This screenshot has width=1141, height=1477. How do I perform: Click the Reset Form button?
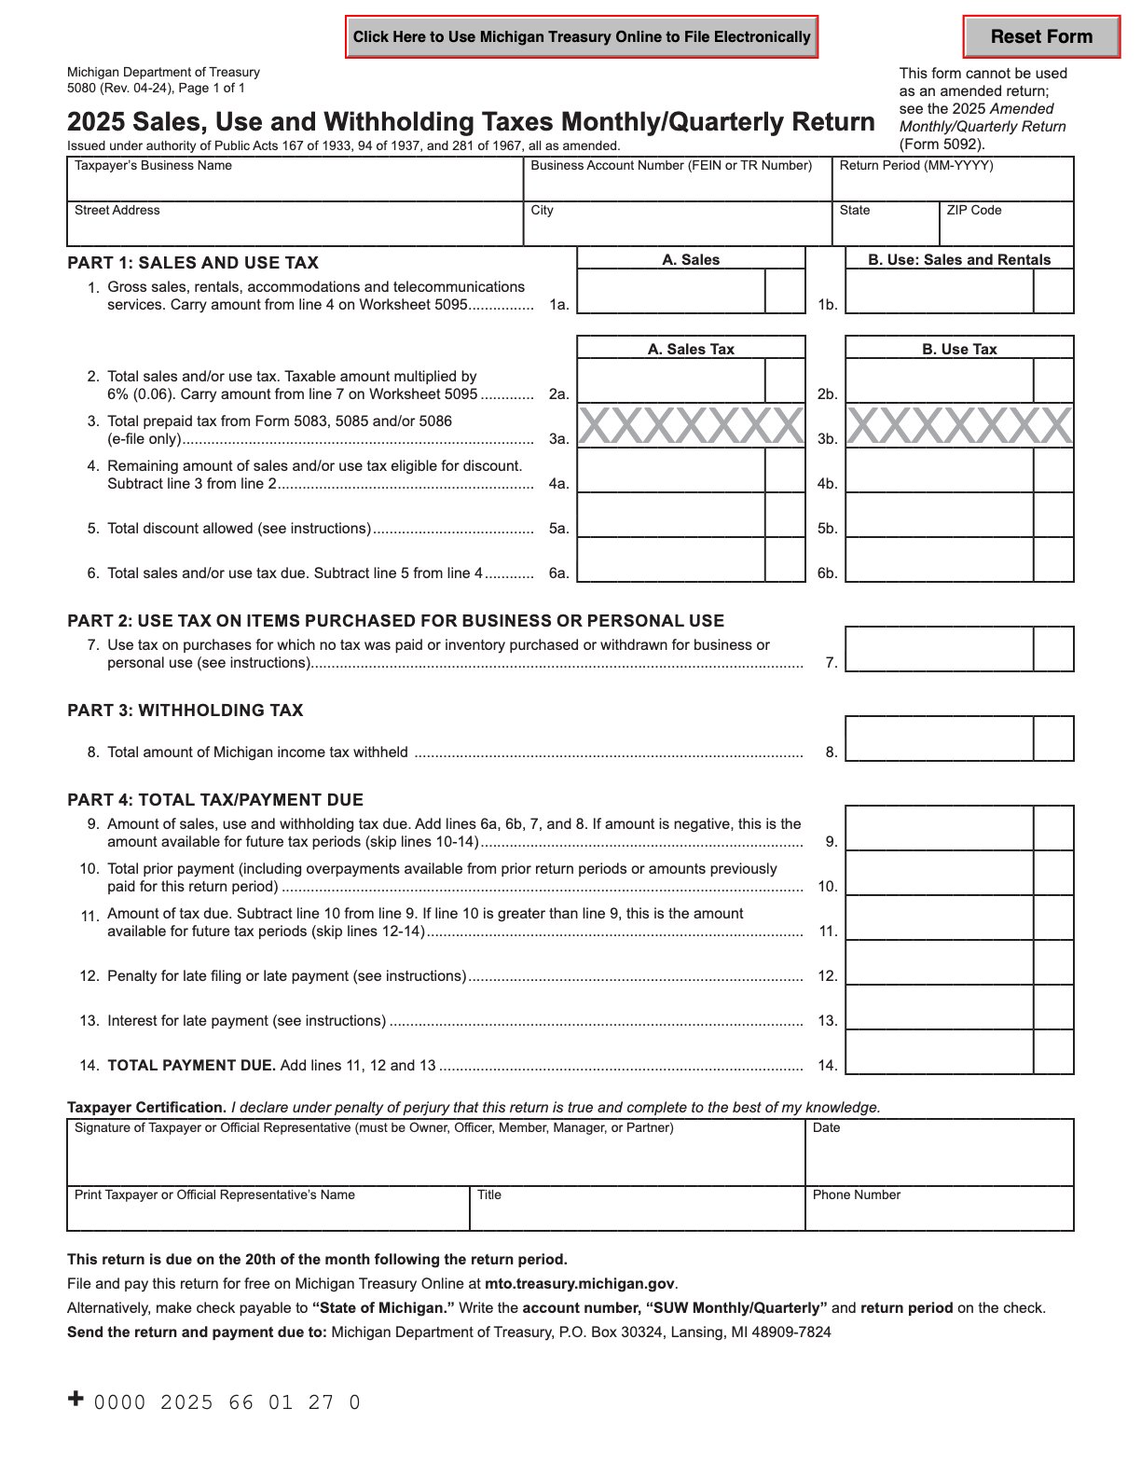(x=1040, y=37)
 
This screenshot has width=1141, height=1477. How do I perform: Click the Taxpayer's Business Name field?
(x=295, y=184)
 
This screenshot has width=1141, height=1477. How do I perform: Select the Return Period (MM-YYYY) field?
(x=952, y=184)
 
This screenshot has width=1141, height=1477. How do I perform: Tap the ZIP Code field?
(x=1006, y=228)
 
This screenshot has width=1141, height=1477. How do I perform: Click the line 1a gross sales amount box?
(x=671, y=292)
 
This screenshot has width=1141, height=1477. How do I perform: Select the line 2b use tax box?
(x=939, y=381)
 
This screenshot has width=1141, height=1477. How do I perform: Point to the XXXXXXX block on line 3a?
(x=691, y=426)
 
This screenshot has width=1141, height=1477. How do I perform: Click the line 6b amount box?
(x=939, y=560)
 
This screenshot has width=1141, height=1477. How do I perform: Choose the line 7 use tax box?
(x=939, y=649)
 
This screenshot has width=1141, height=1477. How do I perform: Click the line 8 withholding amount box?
(x=939, y=738)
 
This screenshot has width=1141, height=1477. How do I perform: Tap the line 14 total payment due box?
(x=939, y=1053)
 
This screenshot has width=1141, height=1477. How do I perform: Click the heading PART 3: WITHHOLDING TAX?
(x=185, y=711)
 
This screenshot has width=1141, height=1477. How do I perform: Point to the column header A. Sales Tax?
(x=691, y=349)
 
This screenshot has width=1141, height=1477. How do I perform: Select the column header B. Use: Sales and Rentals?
(x=959, y=259)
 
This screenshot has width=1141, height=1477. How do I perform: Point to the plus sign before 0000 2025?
(x=76, y=1399)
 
